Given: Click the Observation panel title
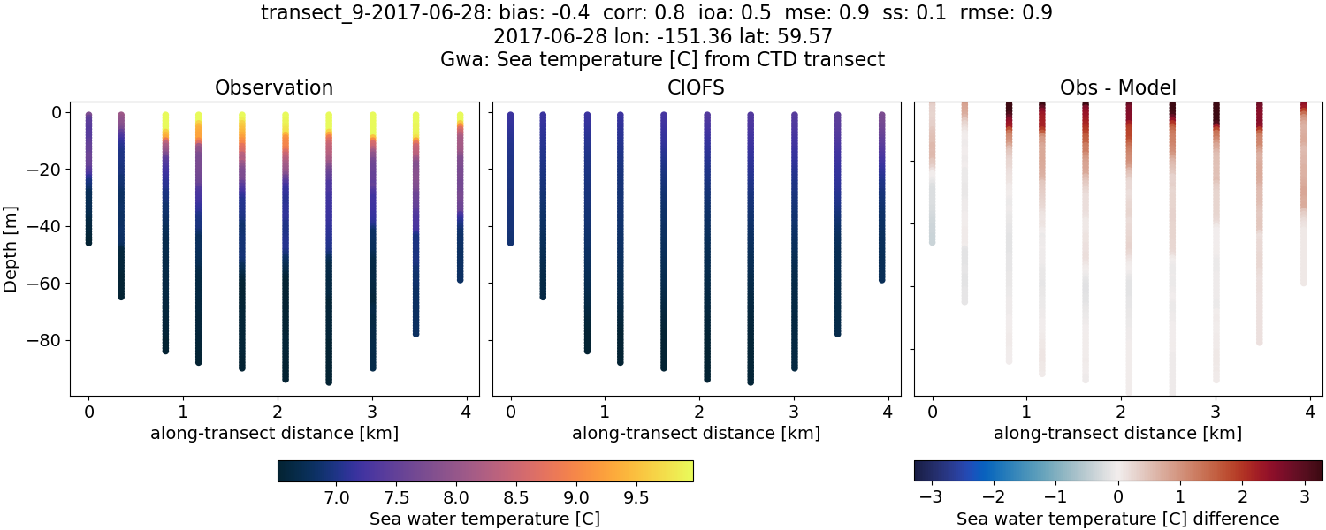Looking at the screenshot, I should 274,88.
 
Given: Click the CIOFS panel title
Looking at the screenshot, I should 696,88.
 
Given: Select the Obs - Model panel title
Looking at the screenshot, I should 1117,88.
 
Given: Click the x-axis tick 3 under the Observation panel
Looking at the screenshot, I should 372,412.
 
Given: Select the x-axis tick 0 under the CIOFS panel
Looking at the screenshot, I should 510,412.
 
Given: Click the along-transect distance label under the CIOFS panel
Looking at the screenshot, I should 696,434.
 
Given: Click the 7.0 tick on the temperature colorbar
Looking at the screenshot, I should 336,497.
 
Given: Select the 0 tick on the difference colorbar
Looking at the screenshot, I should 1118,497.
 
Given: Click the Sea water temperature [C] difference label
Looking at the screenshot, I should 1117,519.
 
